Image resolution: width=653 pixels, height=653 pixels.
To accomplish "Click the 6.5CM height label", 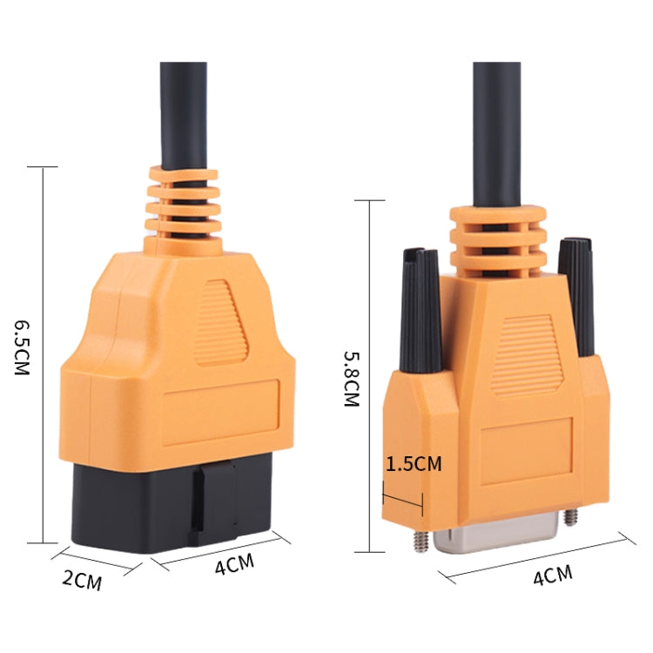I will pos(22,345).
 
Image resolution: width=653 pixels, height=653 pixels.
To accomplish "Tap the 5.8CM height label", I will pos(351,379).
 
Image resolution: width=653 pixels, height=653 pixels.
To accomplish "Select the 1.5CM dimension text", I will pos(414,463).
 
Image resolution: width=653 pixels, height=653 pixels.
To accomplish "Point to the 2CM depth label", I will pos(84,580).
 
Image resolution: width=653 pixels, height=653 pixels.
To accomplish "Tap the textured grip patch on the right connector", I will pos(520,353).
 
